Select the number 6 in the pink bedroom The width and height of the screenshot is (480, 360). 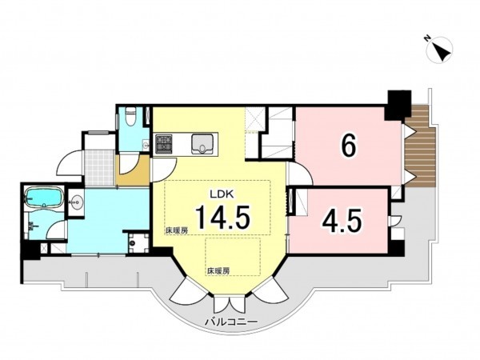pos(348,146)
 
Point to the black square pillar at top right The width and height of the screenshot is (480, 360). pos(396,102)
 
